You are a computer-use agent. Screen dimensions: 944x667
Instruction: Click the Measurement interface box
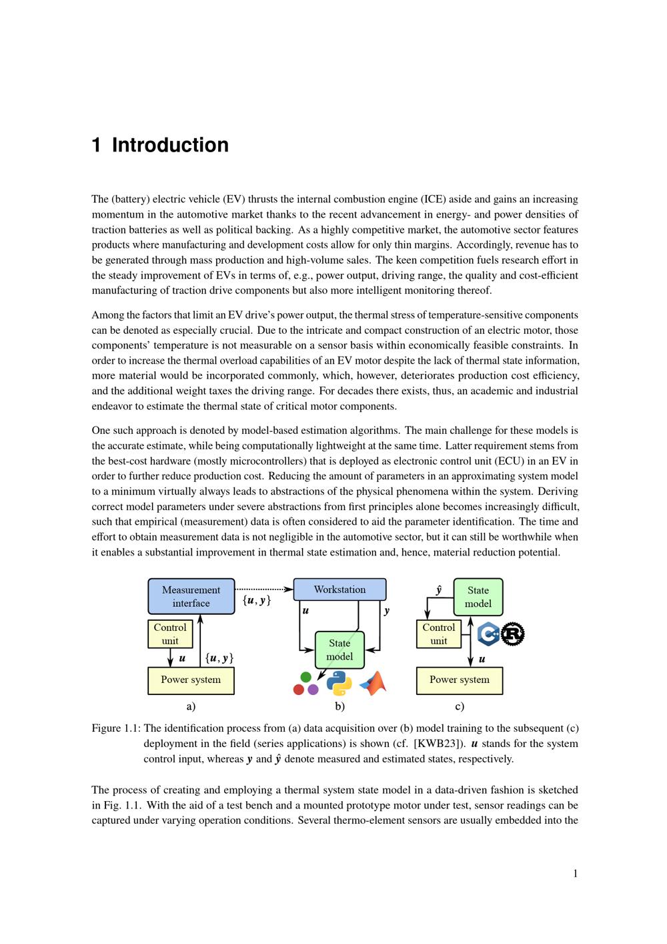pos(191,596)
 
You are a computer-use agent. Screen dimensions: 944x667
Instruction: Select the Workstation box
pos(340,589)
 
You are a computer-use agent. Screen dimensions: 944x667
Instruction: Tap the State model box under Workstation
pos(340,650)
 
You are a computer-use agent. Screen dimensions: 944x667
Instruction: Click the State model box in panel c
pos(478,597)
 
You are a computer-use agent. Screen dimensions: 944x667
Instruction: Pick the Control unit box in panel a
pos(170,634)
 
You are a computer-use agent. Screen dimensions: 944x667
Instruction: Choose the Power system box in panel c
pos(459,680)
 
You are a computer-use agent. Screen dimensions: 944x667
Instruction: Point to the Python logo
pos(339,684)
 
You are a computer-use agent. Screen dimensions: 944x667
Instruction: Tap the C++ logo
pos(489,634)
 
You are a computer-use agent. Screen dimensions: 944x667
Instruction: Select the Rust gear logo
pos(512,634)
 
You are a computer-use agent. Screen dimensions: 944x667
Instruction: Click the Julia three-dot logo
pos(306,684)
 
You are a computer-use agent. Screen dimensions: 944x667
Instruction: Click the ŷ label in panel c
pos(438,590)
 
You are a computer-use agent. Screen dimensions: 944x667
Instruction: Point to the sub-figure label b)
pos(340,706)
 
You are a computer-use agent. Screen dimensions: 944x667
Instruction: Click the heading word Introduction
pos(170,145)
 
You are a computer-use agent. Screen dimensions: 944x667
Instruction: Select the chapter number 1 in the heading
pos(97,145)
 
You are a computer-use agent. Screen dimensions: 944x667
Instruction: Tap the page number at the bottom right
pos(575,874)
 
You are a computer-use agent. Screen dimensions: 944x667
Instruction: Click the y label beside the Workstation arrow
pos(387,611)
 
